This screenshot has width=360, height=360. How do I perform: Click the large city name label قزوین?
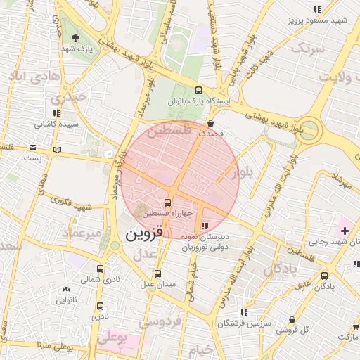(145, 235)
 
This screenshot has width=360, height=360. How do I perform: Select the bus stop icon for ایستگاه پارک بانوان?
(199, 90)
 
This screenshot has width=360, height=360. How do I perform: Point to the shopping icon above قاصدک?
(211, 123)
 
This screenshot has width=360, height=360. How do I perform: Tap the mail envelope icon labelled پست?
(33, 148)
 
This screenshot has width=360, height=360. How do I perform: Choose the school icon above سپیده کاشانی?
(56, 113)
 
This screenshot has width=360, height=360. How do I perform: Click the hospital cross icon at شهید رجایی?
(345, 231)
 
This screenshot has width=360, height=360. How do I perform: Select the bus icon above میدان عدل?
(157, 274)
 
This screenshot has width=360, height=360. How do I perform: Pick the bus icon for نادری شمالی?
(100, 269)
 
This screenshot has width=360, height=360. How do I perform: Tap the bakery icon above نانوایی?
(67, 289)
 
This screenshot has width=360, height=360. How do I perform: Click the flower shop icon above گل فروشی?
(291, 319)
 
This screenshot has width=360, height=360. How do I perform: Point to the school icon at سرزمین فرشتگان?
(244, 312)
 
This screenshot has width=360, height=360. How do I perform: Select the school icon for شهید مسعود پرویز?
(318, 9)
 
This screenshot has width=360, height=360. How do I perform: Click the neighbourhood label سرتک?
(309, 48)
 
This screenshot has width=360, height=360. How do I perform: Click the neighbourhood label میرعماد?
(82, 232)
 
